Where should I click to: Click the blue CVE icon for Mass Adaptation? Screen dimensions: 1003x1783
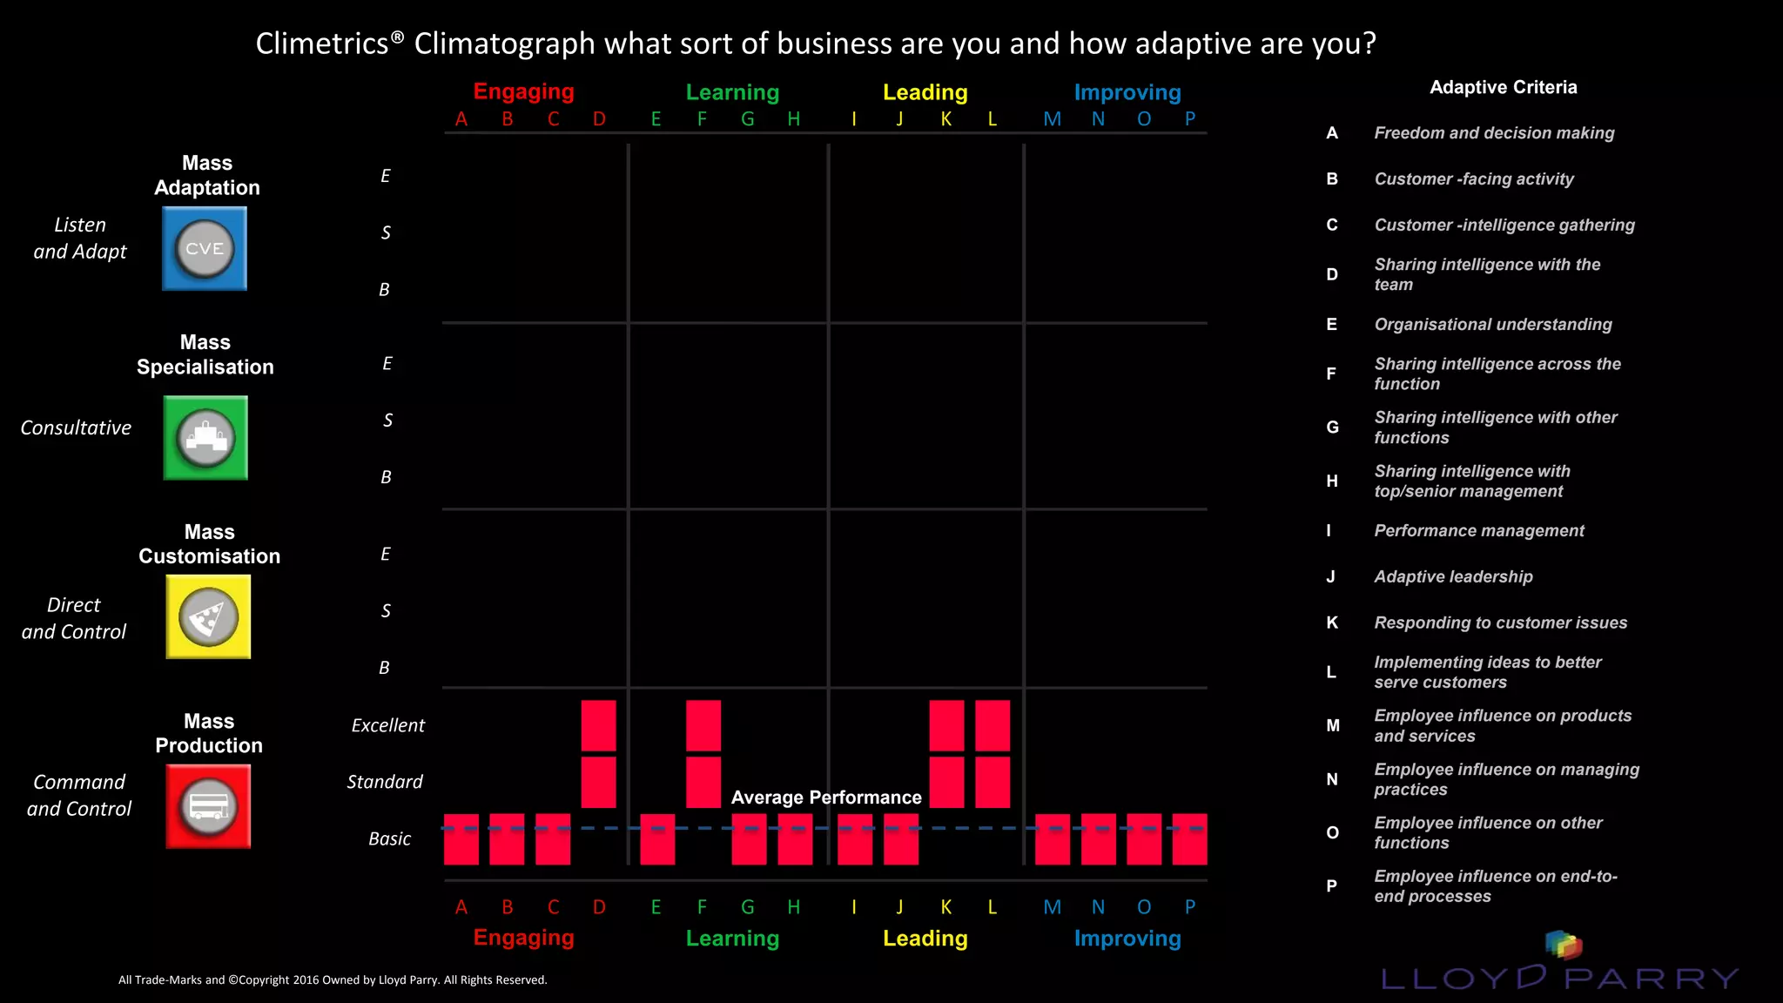[x=205, y=248]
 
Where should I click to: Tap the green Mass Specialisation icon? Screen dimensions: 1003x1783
[x=205, y=438]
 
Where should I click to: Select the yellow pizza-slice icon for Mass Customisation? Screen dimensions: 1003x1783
[x=208, y=616]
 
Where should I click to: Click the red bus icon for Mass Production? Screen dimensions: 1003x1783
[x=208, y=806]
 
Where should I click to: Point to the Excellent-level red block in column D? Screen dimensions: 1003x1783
[x=598, y=725]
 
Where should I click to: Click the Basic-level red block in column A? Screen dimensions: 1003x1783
[x=461, y=839]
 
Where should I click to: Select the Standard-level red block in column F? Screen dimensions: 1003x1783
[x=703, y=782]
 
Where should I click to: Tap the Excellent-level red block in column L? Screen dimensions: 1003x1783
[x=992, y=725]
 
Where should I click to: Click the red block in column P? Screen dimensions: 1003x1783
[x=1189, y=839]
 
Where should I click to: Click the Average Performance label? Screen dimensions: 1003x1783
[x=826, y=798]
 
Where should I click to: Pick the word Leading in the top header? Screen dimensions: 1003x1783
[x=925, y=92]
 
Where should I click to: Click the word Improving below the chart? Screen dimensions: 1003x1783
[x=1127, y=939]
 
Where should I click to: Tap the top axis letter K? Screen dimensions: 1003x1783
[x=946, y=119]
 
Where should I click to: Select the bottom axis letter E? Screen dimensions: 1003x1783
[x=656, y=907]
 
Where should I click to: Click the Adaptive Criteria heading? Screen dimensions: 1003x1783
[x=1503, y=87]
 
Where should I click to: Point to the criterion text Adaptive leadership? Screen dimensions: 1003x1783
[x=1453, y=576]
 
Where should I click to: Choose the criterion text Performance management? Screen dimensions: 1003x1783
[x=1478, y=530]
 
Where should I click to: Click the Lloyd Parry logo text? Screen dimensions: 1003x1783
[x=1558, y=978]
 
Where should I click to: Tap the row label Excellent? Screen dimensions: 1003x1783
[x=387, y=725]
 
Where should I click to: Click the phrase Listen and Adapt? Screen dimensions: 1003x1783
[x=80, y=238]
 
